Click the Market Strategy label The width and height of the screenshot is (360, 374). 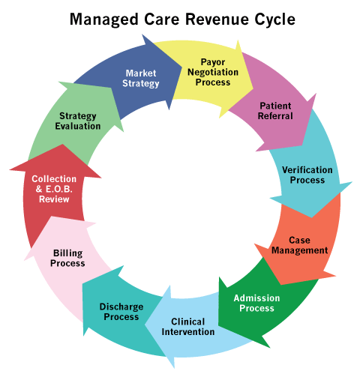pos(141,79)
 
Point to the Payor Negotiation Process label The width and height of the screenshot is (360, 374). pos(213,72)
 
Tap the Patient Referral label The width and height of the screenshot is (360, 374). pos(275,111)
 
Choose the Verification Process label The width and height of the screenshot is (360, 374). pos(307,175)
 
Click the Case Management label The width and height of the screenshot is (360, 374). pos(300,245)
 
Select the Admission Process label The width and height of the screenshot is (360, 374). pos(256,303)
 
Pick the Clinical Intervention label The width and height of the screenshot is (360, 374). pos(188,327)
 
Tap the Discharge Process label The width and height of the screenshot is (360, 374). pos(121,312)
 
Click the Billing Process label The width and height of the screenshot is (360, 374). pos(67,259)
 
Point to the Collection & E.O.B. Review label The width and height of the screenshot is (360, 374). pos(54,189)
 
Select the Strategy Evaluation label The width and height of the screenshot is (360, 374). pos(78,121)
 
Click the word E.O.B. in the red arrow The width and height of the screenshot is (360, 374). pos(59,189)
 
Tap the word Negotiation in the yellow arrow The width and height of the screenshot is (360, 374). pos(213,73)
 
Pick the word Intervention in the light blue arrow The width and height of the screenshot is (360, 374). pos(188,332)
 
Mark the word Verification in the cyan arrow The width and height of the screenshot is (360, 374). pos(307,170)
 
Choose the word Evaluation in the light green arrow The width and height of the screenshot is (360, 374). pos(78,126)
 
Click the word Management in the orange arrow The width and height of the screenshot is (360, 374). pos(300,250)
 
